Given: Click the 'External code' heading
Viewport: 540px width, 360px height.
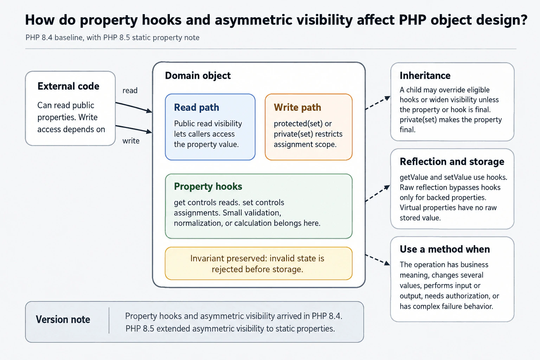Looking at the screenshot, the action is pyautogui.click(x=68, y=86).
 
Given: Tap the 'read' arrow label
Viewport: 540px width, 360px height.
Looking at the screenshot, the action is pyautogui.click(x=130, y=90).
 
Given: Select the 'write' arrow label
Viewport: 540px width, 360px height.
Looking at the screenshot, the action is pyautogui.click(x=131, y=141).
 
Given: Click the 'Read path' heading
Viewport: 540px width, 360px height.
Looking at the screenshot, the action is pyautogui.click(x=197, y=107).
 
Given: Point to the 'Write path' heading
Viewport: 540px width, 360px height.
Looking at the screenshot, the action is pyautogui.click(x=297, y=107).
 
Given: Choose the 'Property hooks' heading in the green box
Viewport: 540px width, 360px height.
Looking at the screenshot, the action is pyautogui.click(x=208, y=186).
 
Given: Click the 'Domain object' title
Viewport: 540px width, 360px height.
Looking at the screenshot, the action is pyautogui.click(x=198, y=76).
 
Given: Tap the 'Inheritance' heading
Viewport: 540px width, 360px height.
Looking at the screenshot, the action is pyautogui.click(x=425, y=76).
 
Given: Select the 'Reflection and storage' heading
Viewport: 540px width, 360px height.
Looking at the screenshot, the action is pyautogui.click(x=452, y=162).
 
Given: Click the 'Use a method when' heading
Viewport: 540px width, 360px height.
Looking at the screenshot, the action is pyautogui.click(x=445, y=249).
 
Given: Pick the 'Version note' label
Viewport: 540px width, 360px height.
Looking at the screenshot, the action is pyautogui.click(x=63, y=320).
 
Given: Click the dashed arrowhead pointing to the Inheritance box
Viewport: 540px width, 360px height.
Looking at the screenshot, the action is pyautogui.click(x=387, y=98).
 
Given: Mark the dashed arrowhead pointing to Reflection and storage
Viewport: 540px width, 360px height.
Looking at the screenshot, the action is pyautogui.click(x=387, y=187).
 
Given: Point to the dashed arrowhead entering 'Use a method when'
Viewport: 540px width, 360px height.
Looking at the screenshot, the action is pyautogui.click(x=387, y=263).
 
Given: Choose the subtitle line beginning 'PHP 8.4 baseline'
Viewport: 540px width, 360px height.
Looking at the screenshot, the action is pyautogui.click(x=112, y=38).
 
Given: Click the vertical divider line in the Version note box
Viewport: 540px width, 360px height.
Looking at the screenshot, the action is pyautogui.click(x=109, y=321).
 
